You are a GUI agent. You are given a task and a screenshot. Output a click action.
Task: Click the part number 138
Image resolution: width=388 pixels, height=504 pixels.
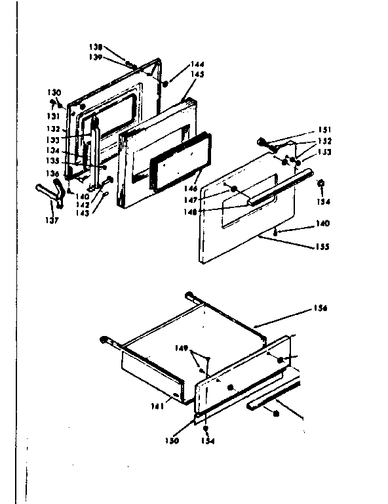pos(96,47)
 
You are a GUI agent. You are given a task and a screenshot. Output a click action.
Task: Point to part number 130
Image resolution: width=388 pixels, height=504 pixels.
pos(54,92)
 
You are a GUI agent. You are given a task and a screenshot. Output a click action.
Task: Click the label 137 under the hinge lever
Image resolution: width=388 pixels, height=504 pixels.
pos(52,220)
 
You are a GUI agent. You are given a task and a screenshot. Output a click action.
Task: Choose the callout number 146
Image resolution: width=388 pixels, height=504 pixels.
pos(193,188)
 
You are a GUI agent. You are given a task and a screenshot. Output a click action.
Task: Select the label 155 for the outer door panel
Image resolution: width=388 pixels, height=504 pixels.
pos(322,247)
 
